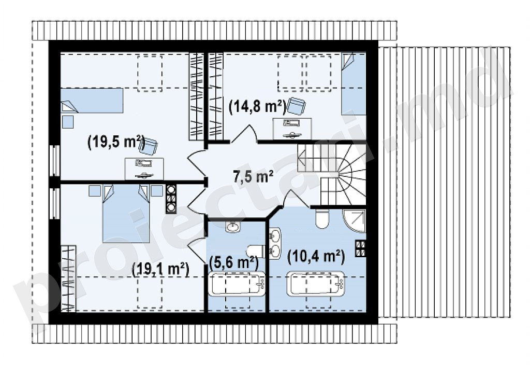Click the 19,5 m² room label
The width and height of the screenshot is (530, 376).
click(x=116, y=143)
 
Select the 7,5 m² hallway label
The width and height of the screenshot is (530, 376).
click(x=253, y=176)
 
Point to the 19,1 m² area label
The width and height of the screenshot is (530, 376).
click(x=160, y=270)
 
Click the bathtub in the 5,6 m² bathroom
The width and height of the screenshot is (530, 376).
click(x=236, y=284)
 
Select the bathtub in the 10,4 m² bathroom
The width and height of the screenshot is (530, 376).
click(x=316, y=283)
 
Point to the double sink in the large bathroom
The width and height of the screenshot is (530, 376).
click(x=275, y=243)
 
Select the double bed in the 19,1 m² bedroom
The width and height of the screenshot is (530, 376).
click(x=126, y=213)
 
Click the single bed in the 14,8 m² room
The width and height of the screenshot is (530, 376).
click(x=354, y=84)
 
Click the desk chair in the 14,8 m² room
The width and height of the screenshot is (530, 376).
click(x=297, y=106)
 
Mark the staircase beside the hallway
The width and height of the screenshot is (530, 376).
click(x=332, y=174)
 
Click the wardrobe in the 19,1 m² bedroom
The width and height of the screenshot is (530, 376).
click(x=69, y=278)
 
